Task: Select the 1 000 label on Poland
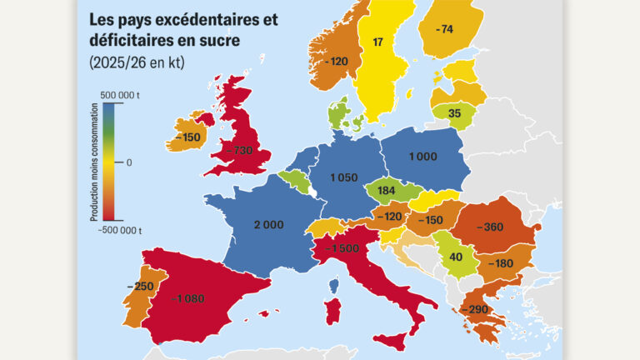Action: [x=422, y=156]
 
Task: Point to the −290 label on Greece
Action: [x=479, y=309]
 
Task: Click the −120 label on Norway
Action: [x=337, y=62]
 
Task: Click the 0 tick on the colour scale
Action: [x=128, y=162]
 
